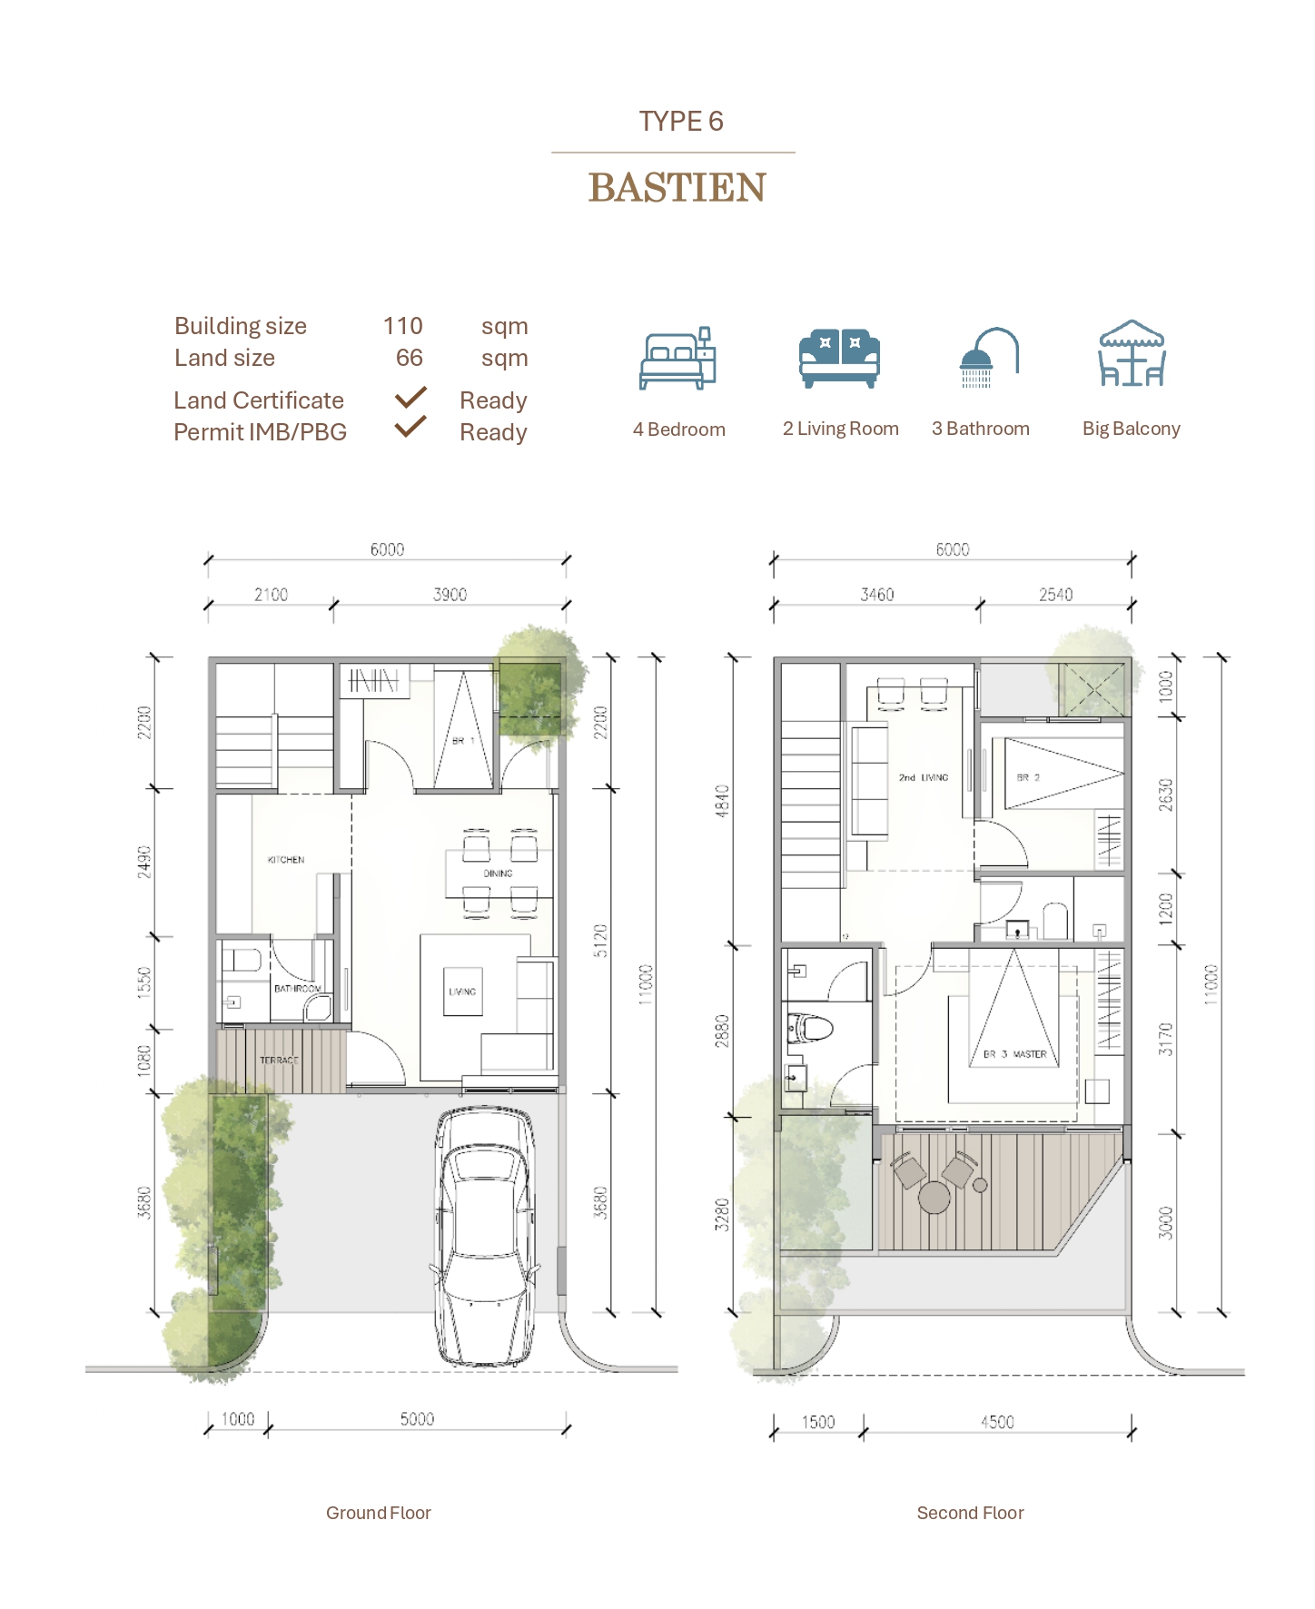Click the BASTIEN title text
[x=677, y=188]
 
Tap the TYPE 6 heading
[x=680, y=121]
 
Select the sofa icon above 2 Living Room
[x=839, y=358]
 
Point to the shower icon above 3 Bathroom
[x=988, y=357]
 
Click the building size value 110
[x=402, y=326]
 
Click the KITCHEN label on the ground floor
[x=285, y=859]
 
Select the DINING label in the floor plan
[x=498, y=874]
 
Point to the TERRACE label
[x=279, y=1060]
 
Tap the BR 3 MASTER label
[x=1015, y=1054]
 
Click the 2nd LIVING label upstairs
[x=923, y=777]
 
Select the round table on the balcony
[x=934, y=1197]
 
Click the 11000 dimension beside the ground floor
[x=646, y=984]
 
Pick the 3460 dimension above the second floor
[x=876, y=595]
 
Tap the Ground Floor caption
[x=378, y=1513]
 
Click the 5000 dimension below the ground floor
[x=417, y=1419]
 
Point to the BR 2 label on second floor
[x=1028, y=777]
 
